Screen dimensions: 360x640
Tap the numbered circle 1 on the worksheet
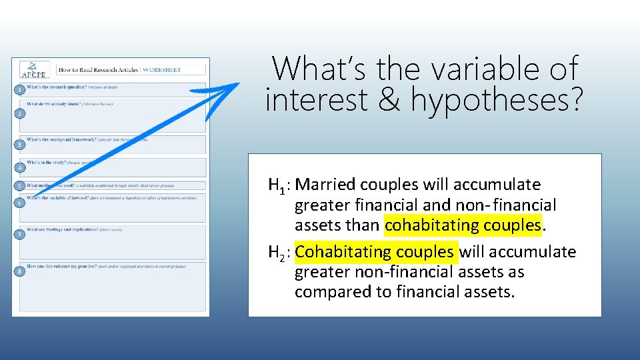point(21,89)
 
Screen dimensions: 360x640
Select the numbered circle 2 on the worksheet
point(21,115)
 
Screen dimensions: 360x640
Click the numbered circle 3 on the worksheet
point(21,145)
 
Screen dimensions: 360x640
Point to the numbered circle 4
point(21,167)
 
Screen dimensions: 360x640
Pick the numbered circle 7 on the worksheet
point(21,235)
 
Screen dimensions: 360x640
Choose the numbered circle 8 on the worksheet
point(21,271)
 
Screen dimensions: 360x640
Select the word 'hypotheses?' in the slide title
point(497,101)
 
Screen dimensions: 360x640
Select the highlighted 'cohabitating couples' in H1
point(463,225)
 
